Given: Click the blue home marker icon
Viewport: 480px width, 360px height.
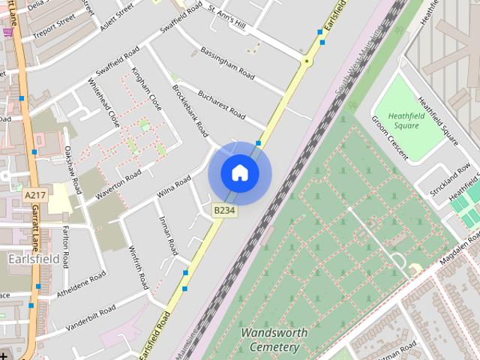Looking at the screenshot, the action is pyautogui.click(x=239, y=172).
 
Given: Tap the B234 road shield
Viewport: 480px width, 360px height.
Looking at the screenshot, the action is pyautogui.click(x=224, y=211).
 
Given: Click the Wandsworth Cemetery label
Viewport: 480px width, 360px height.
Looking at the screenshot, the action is pyautogui.click(x=270, y=340).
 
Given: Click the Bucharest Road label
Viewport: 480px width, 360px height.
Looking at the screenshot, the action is pyautogui.click(x=221, y=105).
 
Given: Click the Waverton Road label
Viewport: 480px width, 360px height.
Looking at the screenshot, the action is pyautogui.click(x=113, y=186).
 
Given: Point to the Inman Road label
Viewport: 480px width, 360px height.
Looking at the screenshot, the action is pyautogui.click(x=169, y=235).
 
